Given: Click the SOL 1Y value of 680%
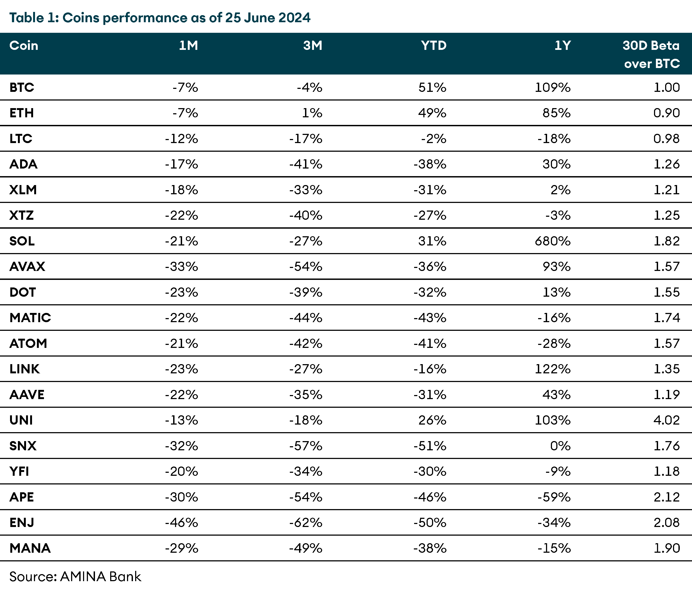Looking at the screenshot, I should click(x=553, y=241).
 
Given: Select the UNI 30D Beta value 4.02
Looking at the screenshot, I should click(x=666, y=420).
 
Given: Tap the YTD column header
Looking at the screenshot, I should click(x=433, y=46).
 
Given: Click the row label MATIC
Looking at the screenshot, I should click(x=30, y=318).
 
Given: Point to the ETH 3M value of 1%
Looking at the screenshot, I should click(x=312, y=113).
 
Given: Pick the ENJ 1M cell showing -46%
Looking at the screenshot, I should click(x=181, y=522).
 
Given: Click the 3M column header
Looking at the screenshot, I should click(x=313, y=46).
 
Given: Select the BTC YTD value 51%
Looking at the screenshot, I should click(x=432, y=88).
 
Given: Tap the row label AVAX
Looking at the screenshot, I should click(x=27, y=267).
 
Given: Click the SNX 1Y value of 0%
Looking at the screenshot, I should click(x=560, y=446).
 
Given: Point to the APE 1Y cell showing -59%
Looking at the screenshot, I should click(x=554, y=497).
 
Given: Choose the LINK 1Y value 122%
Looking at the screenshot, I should click(x=553, y=369).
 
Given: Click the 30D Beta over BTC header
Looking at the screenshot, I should click(x=651, y=54).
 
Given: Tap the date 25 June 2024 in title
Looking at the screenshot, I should click(x=268, y=17).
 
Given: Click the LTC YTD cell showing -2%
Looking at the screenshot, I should click(x=433, y=138).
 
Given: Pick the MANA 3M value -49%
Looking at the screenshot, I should click(x=306, y=548).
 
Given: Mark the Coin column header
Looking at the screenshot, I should click(x=24, y=46).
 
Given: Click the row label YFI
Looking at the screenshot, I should click(x=19, y=471).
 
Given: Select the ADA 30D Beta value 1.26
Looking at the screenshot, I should click(x=666, y=164).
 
